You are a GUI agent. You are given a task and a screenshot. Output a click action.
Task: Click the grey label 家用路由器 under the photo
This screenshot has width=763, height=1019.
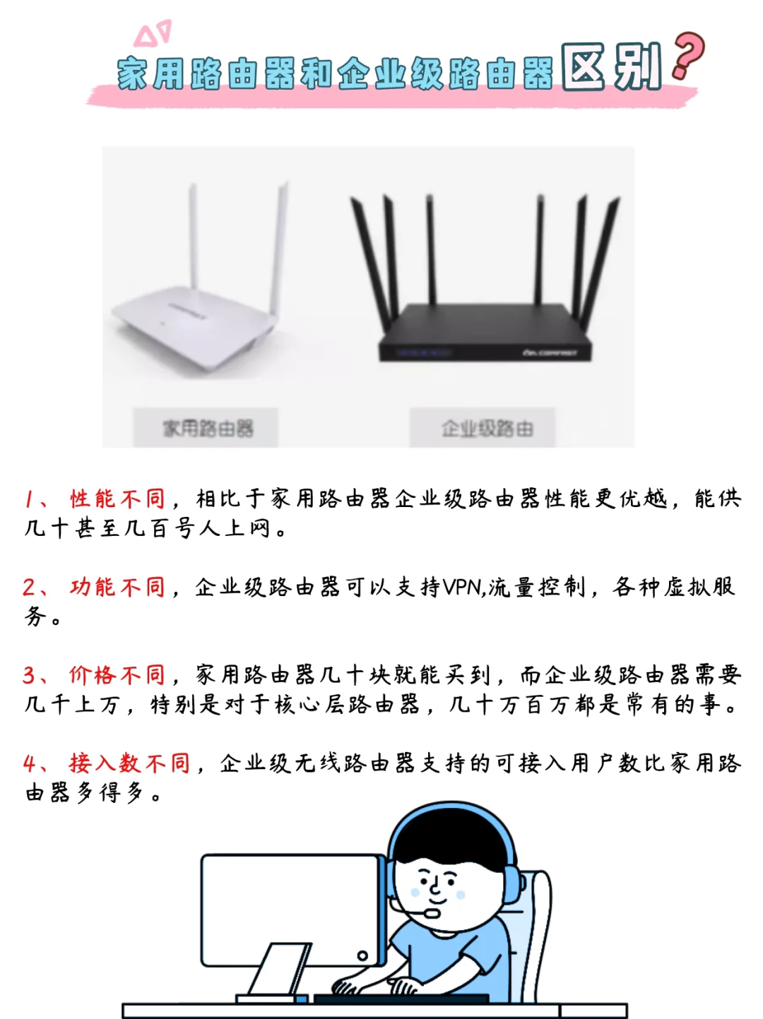(x=206, y=427)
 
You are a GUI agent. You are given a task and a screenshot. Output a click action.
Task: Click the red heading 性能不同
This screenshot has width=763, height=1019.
(x=117, y=499)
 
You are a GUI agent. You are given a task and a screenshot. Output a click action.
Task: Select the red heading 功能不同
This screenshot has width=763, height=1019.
(x=117, y=587)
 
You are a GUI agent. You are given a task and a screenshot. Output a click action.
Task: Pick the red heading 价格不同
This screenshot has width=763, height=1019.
(x=117, y=675)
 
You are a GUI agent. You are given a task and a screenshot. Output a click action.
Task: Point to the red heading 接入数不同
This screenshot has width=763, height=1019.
(x=130, y=763)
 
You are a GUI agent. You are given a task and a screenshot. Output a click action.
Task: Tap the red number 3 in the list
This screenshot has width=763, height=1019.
(x=29, y=675)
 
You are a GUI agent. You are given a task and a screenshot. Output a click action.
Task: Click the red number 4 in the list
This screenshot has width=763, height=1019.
(x=29, y=763)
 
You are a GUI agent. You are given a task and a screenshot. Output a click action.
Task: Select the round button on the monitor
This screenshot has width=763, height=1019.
(x=362, y=956)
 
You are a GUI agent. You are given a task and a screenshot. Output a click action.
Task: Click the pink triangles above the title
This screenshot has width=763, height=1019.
(x=153, y=33)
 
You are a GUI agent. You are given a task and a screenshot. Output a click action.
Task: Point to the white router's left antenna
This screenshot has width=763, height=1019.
(x=193, y=240)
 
